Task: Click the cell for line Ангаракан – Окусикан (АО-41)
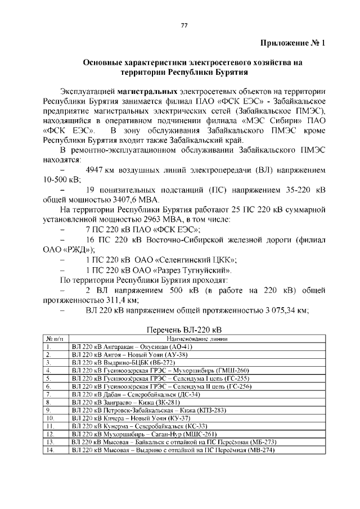click(x=133, y=347)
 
